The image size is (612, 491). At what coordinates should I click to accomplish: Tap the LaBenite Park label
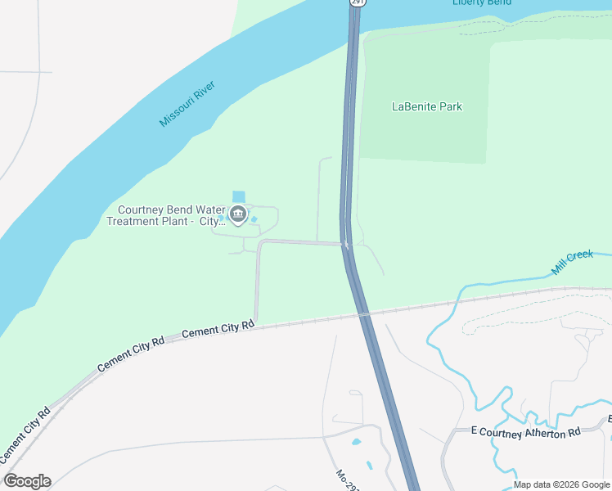pyautogui.click(x=426, y=106)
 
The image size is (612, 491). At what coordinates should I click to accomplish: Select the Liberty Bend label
pyautogui.click(x=482, y=2)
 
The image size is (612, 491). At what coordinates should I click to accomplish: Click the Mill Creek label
pyautogui.click(x=572, y=261)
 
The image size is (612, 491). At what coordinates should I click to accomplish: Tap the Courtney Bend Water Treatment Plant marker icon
pyautogui.click(x=238, y=215)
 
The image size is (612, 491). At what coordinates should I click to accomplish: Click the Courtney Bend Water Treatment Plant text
pyautogui.click(x=164, y=216)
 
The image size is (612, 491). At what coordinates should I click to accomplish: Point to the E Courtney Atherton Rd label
pyautogui.click(x=525, y=431)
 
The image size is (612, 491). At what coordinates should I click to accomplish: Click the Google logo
pyautogui.click(x=27, y=481)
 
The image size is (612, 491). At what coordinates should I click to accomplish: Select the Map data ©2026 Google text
pyautogui.click(x=561, y=484)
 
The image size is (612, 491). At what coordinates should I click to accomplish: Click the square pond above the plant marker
pyautogui.click(x=238, y=196)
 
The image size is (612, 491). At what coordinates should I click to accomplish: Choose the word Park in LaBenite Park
pyautogui.click(x=449, y=106)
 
